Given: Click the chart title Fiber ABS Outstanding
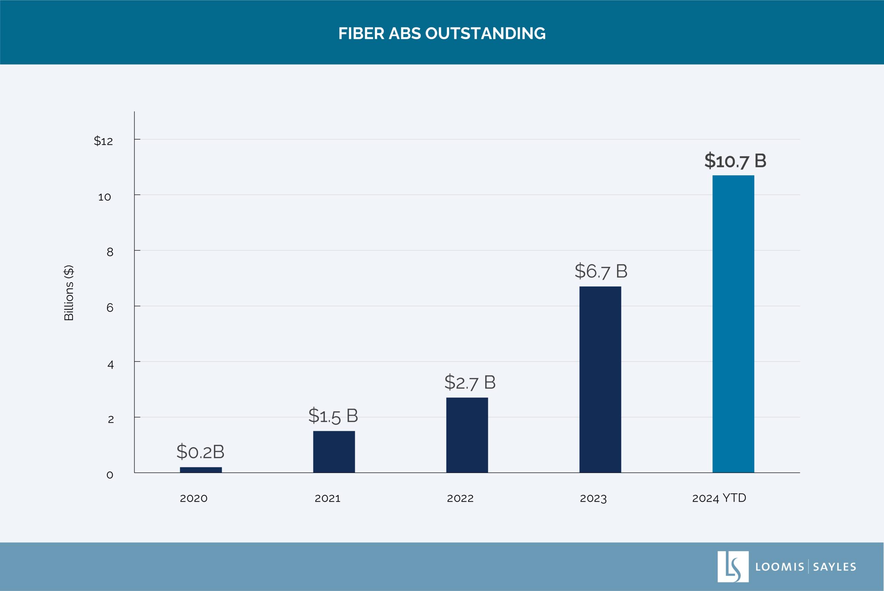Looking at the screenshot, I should point(442,34).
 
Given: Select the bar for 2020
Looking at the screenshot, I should point(201,470).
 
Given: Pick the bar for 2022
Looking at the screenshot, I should point(467,435).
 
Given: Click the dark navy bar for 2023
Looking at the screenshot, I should point(600,379).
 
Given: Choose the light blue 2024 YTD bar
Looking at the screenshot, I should point(733,324).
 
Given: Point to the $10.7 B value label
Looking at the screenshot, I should point(735,161).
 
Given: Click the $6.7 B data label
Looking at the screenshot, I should point(601,271).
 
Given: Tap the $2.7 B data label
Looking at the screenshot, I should point(470,383).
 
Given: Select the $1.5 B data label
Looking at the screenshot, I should point(333,416).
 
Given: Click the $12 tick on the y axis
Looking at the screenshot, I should point(103,141).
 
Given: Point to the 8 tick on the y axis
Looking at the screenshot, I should point(110,252).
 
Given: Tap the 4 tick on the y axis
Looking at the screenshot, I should point(110,365).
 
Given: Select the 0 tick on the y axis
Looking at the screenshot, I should point(110,475).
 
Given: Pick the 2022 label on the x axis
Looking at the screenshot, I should point(460,498).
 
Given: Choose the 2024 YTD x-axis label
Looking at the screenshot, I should point(719,498).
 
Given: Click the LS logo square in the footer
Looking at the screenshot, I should point(733,566).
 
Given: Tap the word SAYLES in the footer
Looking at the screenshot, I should point(834,567).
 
